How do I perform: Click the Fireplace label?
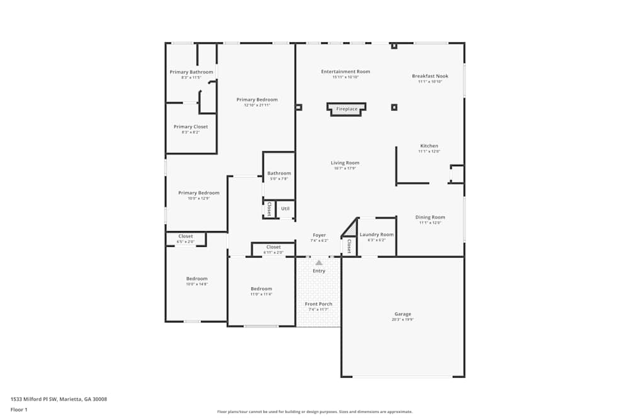(x=346, y=109)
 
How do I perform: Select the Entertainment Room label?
(x=345, y=72)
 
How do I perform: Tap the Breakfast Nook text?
(x=430, y=76)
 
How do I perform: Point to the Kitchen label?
(x=429, y=146)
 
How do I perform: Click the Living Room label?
(x=345, y=163)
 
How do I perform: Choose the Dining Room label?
(x=430, y=217)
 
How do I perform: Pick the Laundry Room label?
(x=376, y=235)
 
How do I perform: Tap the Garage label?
(x=403, y=314)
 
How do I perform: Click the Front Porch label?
(x=319, y=304)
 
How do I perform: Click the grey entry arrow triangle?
(x=319, y=263)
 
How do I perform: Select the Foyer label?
(x=319, y=235)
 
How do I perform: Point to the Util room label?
(x=285, y=208)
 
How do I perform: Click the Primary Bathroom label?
(x=192, y=72)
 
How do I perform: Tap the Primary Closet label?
(x=191, y=127)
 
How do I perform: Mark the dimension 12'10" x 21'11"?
(x=257, y=105)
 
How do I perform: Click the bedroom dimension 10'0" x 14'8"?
(x=197, y=285)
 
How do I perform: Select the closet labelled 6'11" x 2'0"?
(x=273, y=253)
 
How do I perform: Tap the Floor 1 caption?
(x=19, y=409)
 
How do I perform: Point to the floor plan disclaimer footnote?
(x=315, y=412)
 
